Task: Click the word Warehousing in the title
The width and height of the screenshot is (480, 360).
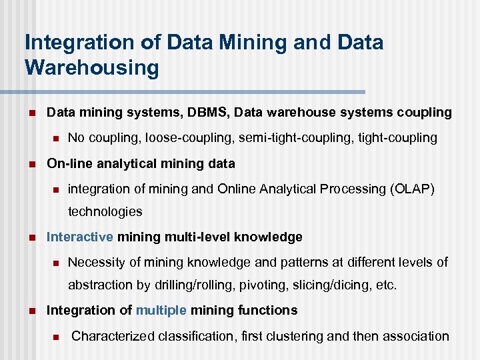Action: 92,68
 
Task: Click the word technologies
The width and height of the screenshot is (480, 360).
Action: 105,211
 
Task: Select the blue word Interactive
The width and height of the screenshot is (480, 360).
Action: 80,237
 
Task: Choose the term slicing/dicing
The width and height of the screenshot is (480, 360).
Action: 327,285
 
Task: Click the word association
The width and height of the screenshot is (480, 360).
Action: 414,335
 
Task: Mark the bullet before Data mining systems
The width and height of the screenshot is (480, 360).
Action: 30,113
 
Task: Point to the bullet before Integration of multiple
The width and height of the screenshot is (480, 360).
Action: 30,311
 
